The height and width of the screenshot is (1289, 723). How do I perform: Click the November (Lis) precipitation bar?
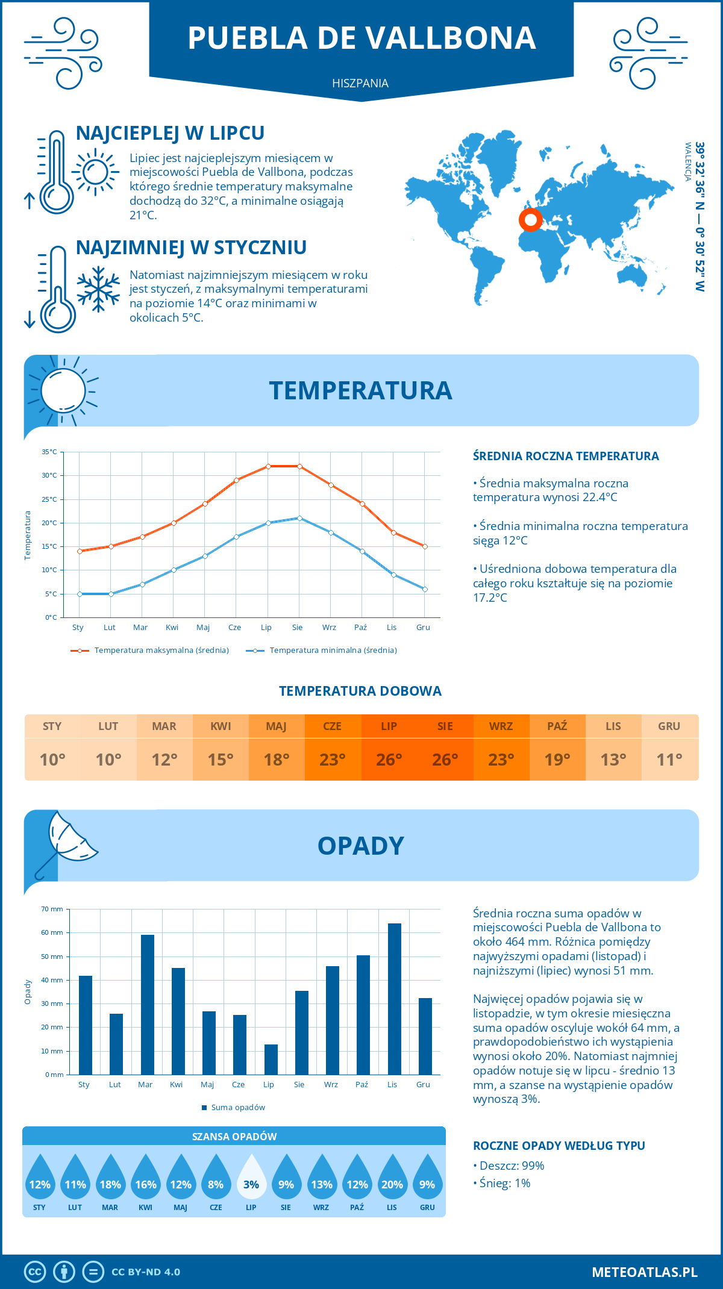click(394, 999)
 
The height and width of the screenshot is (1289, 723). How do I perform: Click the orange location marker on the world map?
click(531, 220)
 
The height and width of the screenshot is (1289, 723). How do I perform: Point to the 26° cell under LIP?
click(389, 760)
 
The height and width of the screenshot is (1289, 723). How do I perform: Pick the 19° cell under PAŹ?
click(557, 760)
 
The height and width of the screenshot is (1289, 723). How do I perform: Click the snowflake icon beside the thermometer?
click(98, 289)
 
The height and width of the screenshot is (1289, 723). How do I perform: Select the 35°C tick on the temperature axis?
click(49, 452)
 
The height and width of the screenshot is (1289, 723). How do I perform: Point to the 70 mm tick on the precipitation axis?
click(52, 909)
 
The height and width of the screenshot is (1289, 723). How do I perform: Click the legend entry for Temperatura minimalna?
click(322, 651)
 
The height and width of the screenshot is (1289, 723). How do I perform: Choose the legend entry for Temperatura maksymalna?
click(150, 651)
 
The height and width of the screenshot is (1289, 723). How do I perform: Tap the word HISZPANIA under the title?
click(360, 83)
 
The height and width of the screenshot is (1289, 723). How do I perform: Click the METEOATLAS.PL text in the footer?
click(644, 1272)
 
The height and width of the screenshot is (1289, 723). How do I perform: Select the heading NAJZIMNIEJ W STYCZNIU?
click(191, 248)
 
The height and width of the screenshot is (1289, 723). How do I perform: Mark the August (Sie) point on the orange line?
click(299, 466)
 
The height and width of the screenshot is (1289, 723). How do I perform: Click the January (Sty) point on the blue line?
click(80, 594)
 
